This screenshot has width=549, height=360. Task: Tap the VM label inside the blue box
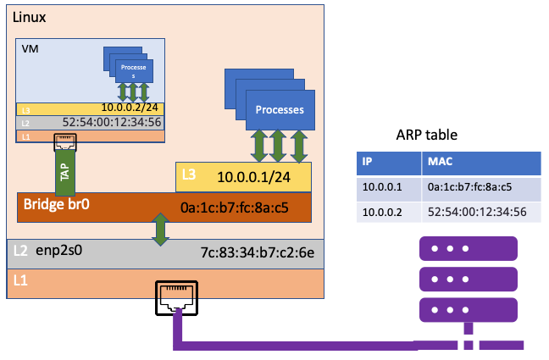[30, 48]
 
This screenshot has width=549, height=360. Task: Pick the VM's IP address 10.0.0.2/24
[131, 108]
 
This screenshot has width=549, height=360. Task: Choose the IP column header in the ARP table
[367, 161]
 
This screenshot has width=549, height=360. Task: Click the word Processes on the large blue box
[280, 110]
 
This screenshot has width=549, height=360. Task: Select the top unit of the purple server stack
[458, 251]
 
